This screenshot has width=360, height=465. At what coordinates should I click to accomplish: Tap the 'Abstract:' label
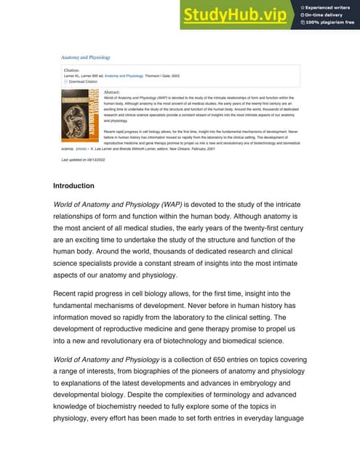click(112, 92)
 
